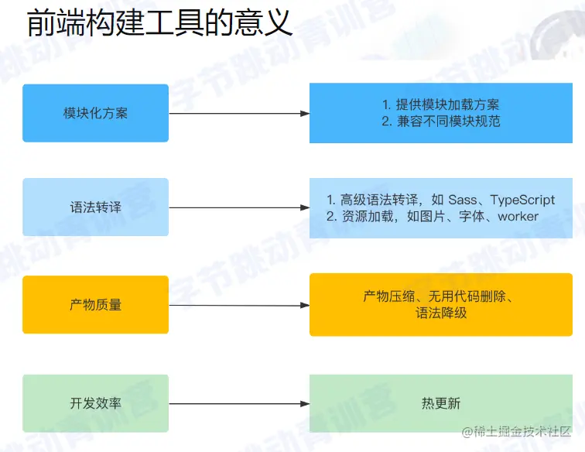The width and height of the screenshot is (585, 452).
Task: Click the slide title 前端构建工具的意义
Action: (x=160, y=23)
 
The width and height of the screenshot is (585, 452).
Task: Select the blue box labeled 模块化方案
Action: (x=95, y=113)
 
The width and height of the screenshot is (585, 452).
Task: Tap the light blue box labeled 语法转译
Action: (x=95, y=207)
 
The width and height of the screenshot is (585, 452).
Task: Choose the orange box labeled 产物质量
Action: (x=95, y=305)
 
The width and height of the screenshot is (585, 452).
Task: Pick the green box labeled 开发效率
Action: (x=95, y=403)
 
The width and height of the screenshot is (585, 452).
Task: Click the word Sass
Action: (x=463, y=200)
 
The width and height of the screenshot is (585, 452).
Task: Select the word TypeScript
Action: (x=522, y=200)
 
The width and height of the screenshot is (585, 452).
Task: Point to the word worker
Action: (x=518, y=217)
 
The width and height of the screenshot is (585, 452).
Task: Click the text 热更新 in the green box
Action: (x=441, y=403)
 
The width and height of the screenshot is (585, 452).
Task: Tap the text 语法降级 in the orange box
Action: (x=441, y=313)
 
